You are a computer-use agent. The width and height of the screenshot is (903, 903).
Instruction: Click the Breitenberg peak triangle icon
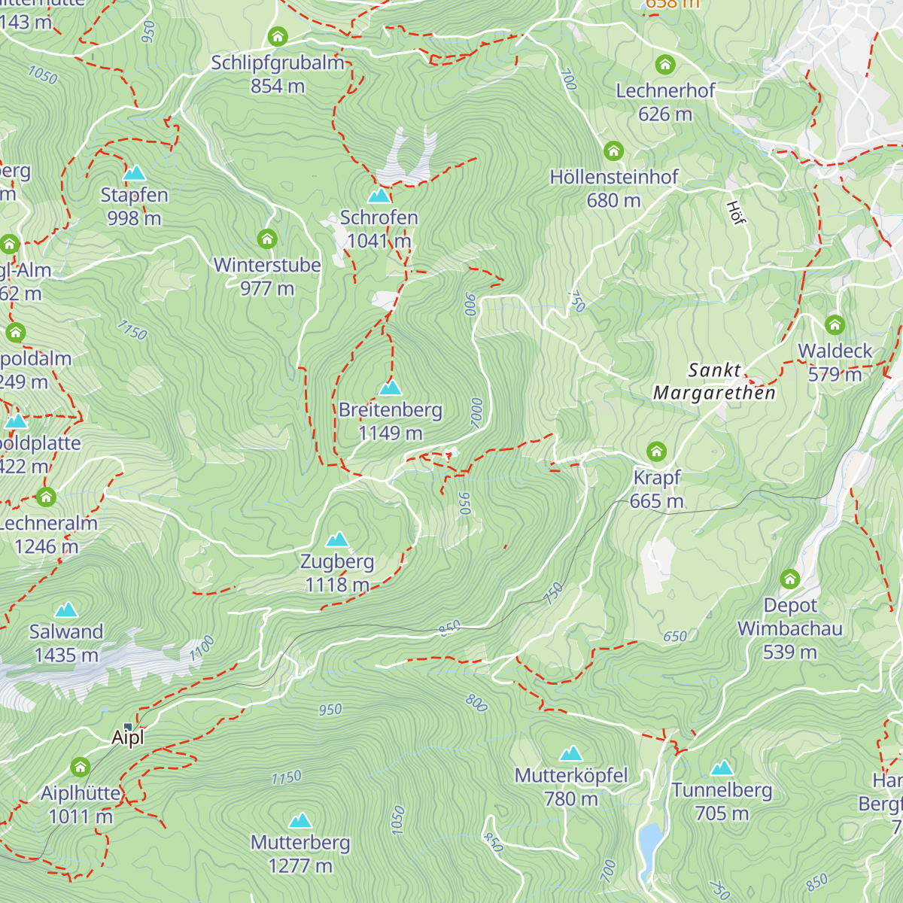point(390,388)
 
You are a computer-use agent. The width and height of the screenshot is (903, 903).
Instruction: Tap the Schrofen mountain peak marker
point(379,196)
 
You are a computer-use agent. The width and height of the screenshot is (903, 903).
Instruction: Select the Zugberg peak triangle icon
point(337,540)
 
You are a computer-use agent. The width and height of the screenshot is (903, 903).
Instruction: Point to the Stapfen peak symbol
point(134,173)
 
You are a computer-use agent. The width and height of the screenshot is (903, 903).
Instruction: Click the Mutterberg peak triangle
point(300,820)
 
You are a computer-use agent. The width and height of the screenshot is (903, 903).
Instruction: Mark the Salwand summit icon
point(66,610)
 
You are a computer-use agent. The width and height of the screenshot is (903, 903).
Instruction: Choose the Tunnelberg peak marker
point(722,768)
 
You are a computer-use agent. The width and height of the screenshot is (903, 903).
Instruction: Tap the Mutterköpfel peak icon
point(571,754)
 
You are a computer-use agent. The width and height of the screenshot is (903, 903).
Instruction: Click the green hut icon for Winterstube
point(267,239)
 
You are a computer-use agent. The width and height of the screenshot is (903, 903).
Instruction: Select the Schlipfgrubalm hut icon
point(278,36)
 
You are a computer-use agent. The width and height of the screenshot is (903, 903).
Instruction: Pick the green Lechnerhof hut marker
point(665,65)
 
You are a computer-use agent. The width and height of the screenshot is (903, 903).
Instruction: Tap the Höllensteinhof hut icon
point(614,151)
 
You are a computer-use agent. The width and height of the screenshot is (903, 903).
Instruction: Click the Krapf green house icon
point(657,451)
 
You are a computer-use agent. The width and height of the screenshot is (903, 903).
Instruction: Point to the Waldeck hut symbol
point(835,325)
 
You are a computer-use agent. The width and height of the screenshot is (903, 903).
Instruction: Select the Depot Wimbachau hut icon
point(789,579)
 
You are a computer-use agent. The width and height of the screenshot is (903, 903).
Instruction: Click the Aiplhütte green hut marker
point(81,768)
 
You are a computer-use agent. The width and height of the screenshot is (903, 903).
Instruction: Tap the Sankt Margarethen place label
point(714,382)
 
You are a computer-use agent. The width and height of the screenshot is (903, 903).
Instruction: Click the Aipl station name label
point(127,738)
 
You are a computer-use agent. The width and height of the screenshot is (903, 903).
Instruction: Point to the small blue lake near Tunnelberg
point(649,841)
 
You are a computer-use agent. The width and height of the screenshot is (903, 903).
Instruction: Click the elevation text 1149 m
point(390,433)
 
